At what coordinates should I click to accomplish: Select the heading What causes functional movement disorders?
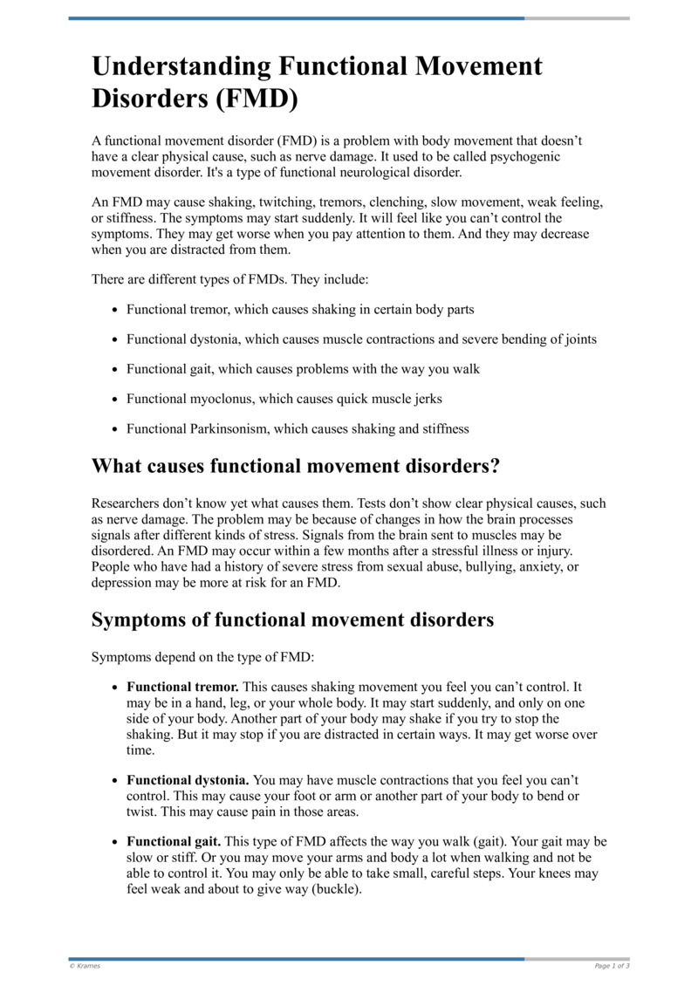(296, 465)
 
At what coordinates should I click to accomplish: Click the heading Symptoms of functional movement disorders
(292, 620)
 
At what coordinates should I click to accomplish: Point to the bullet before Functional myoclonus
(115, 400)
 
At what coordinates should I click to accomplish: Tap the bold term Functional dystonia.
(188, 779)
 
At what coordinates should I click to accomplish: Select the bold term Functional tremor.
(182, 688)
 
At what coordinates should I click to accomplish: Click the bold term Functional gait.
(173, 842)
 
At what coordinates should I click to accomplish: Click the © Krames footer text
(85, 965)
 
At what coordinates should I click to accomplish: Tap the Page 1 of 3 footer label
(612, 965)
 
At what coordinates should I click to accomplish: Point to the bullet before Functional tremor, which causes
(115, 311)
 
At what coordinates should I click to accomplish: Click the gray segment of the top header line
(577, 17)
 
